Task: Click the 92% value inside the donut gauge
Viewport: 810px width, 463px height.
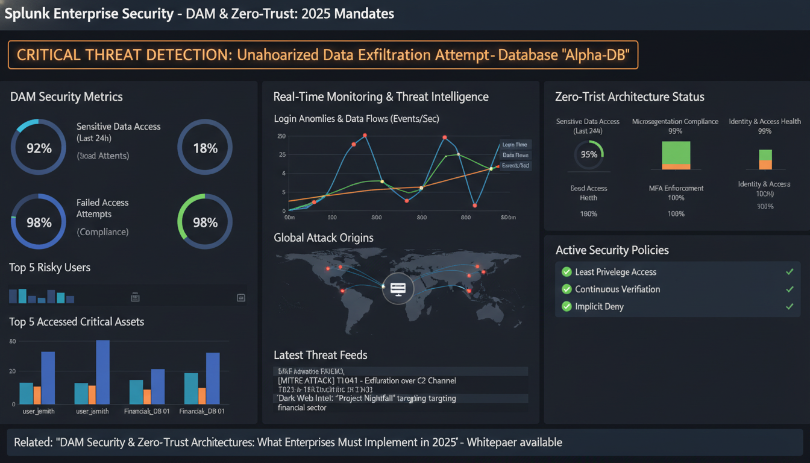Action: [39, 148]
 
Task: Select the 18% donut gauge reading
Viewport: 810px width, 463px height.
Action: [205, 148]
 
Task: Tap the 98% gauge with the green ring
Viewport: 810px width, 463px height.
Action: [205, 222]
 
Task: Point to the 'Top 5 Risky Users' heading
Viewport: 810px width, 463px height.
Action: [50, 267]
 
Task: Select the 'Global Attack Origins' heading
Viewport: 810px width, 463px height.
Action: [324, 238]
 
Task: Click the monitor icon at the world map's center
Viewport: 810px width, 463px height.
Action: [398, 289]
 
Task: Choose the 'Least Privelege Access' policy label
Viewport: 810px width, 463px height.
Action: [615, 272]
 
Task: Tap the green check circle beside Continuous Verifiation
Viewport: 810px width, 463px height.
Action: [567, 289]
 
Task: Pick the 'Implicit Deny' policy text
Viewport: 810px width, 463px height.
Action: [599, 306]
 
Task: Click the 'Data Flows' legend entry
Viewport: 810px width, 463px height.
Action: [515, 155]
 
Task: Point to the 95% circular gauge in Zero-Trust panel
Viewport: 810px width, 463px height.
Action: [588, 154]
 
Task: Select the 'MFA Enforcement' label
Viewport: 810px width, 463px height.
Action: [676, 188]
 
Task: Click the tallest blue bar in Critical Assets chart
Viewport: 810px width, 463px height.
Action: [103, 372]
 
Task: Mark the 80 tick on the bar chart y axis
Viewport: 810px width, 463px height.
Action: [12, 342]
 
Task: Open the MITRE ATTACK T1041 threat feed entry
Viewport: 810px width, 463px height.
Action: [366, 380]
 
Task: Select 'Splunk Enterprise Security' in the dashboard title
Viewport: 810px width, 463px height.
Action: [90, 13]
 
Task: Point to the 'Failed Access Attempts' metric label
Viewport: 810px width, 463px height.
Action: [102, 208]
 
